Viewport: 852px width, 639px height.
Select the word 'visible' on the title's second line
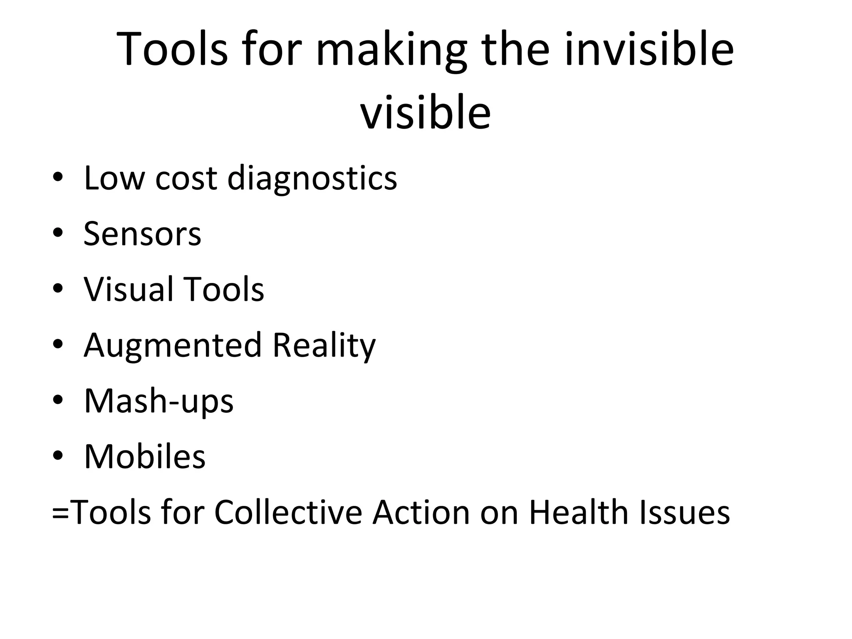[x=425, y=113]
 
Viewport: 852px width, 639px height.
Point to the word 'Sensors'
[x=142, y=234]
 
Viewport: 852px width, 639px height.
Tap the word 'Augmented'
[x=173, y=346]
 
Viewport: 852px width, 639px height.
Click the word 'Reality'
[x=324, y=346]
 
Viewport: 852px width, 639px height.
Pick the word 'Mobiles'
[x=145, y=456]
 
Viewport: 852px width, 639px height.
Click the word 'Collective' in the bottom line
[x=288, y=512]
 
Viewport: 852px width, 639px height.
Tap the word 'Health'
[x=579, y=512]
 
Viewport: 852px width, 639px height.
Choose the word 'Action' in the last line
[x=421, y=512]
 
